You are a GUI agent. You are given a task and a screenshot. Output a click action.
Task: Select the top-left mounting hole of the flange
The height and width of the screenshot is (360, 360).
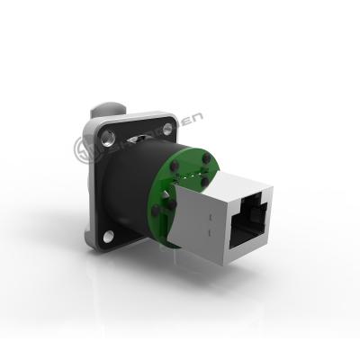coord(107,138)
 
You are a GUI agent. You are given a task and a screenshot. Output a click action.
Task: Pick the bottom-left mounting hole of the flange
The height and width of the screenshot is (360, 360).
coord(108,237)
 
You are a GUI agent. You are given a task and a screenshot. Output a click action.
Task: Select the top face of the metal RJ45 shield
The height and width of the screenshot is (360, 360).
coord(238,184)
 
